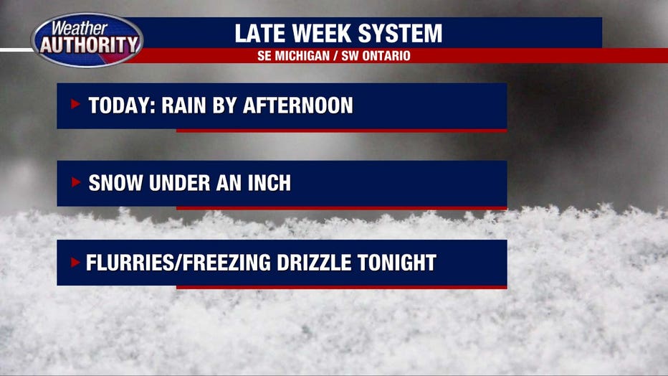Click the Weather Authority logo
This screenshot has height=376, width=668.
click(x=87, y=40)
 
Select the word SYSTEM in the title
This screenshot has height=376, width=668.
click(x=400, y=33)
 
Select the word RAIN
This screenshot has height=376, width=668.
click(x=183, y=105)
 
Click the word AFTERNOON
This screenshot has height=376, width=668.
click(x=297, y=105)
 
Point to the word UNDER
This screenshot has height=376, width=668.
click(x=179, y=183)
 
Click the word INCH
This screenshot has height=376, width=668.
click(x=269, y=183)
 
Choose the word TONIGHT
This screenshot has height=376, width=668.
click(x=396, y=263)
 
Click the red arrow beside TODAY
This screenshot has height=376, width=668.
click(x=75, y=103)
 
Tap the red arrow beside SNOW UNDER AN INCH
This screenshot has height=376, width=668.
click(x=75, y=182)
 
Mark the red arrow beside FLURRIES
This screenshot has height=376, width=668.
click(x=75, y=262)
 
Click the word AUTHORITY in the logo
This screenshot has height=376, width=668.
click(x=90, y=44)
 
